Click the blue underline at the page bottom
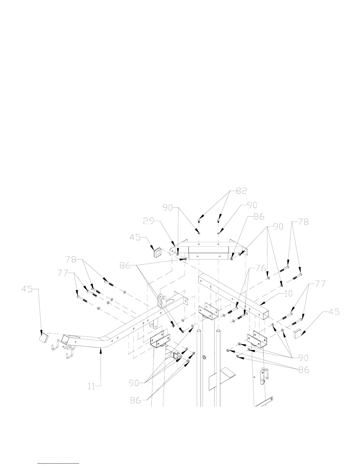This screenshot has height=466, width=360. click(x=59, y=463)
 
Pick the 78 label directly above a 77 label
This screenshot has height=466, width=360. click(x=71, y=260)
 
